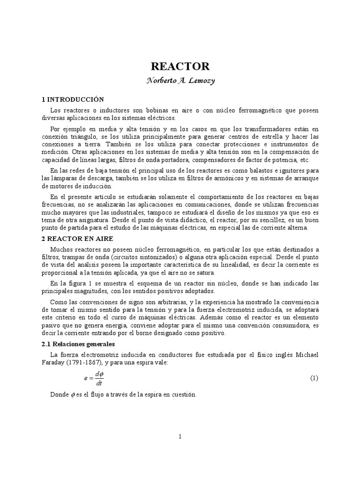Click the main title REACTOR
[x=180, y=66]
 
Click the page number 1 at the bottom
[x=180, y=436]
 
